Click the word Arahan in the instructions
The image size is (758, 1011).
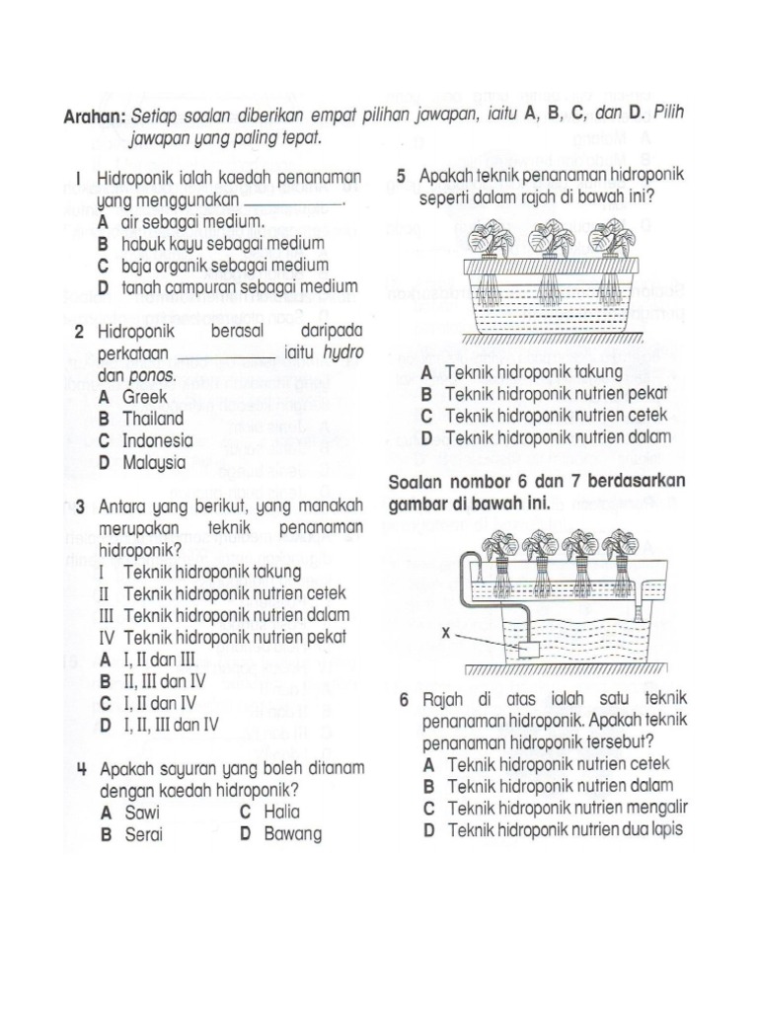pyautogui.click(x=94, y=117)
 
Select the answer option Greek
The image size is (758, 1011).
pyautogui.click(x=144, y=397)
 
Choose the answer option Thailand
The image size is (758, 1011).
pyautogui.click(x=153, y=419)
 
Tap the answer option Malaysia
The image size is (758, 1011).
pyautogui.click(x=154, y=462)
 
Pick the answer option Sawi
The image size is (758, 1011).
pyautogui.click(x=140, y=813)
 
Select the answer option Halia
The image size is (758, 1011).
pyautogui.click(x=281, y=813)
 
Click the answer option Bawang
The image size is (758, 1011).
pyautogui.click(x=293, y=834)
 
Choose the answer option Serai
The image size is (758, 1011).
pyautogui.click(x=142, y=834)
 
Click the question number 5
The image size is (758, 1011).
pyautogui.click(x=402, y=176)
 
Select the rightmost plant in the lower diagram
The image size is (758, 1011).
pyautogui.click(x=622, y=546)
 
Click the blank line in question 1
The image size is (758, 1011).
pyautogui.click(x=293, y=201)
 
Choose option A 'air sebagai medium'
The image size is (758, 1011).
pyautogui.click(x=178, y=222)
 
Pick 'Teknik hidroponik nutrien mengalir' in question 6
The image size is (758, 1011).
pyautogui.click(x=568, y=808)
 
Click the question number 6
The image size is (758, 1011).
pyautogui.click(x=405, y=700)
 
